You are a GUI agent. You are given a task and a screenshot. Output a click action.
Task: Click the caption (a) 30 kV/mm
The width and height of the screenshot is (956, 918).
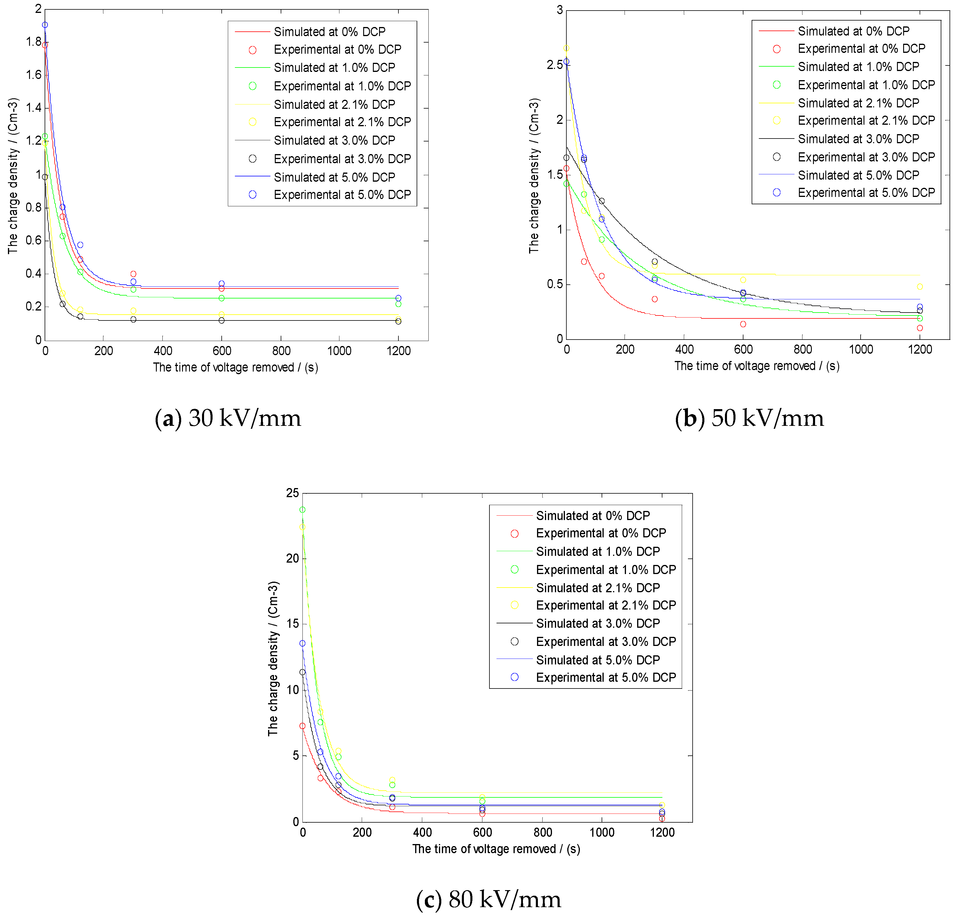[x=228, y=418]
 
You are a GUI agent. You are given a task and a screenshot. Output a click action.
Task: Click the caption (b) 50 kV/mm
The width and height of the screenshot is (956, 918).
[x=749, y=418]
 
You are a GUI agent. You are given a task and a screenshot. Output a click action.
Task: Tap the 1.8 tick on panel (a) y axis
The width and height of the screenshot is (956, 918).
[x=34, y=42]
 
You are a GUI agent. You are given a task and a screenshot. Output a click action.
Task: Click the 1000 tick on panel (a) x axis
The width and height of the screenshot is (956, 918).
[x=339, y=351]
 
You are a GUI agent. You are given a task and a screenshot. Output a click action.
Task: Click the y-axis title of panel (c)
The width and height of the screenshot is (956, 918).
[x=273, y=658]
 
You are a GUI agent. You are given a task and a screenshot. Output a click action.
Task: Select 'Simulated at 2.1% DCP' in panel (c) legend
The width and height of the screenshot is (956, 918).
[x=597, y=588]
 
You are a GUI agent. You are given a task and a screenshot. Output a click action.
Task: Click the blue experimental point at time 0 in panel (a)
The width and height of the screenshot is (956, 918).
[x=45, y=25]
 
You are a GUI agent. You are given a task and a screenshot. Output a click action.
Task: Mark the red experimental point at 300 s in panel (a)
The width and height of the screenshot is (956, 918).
[x=133, y=274]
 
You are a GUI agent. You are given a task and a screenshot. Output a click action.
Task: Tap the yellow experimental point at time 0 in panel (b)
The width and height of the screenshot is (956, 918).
[x=566, y=48]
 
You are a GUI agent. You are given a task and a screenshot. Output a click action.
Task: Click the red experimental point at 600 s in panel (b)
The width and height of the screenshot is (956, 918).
[x=743, y=324]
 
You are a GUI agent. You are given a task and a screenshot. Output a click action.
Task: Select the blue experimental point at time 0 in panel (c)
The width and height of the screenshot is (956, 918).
[x=302, y=644]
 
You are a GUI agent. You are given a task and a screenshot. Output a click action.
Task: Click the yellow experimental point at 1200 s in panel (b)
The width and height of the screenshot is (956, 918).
[x=919, y=287]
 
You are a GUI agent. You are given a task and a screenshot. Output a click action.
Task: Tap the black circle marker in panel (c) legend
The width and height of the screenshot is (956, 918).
[x=514, y=642]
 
